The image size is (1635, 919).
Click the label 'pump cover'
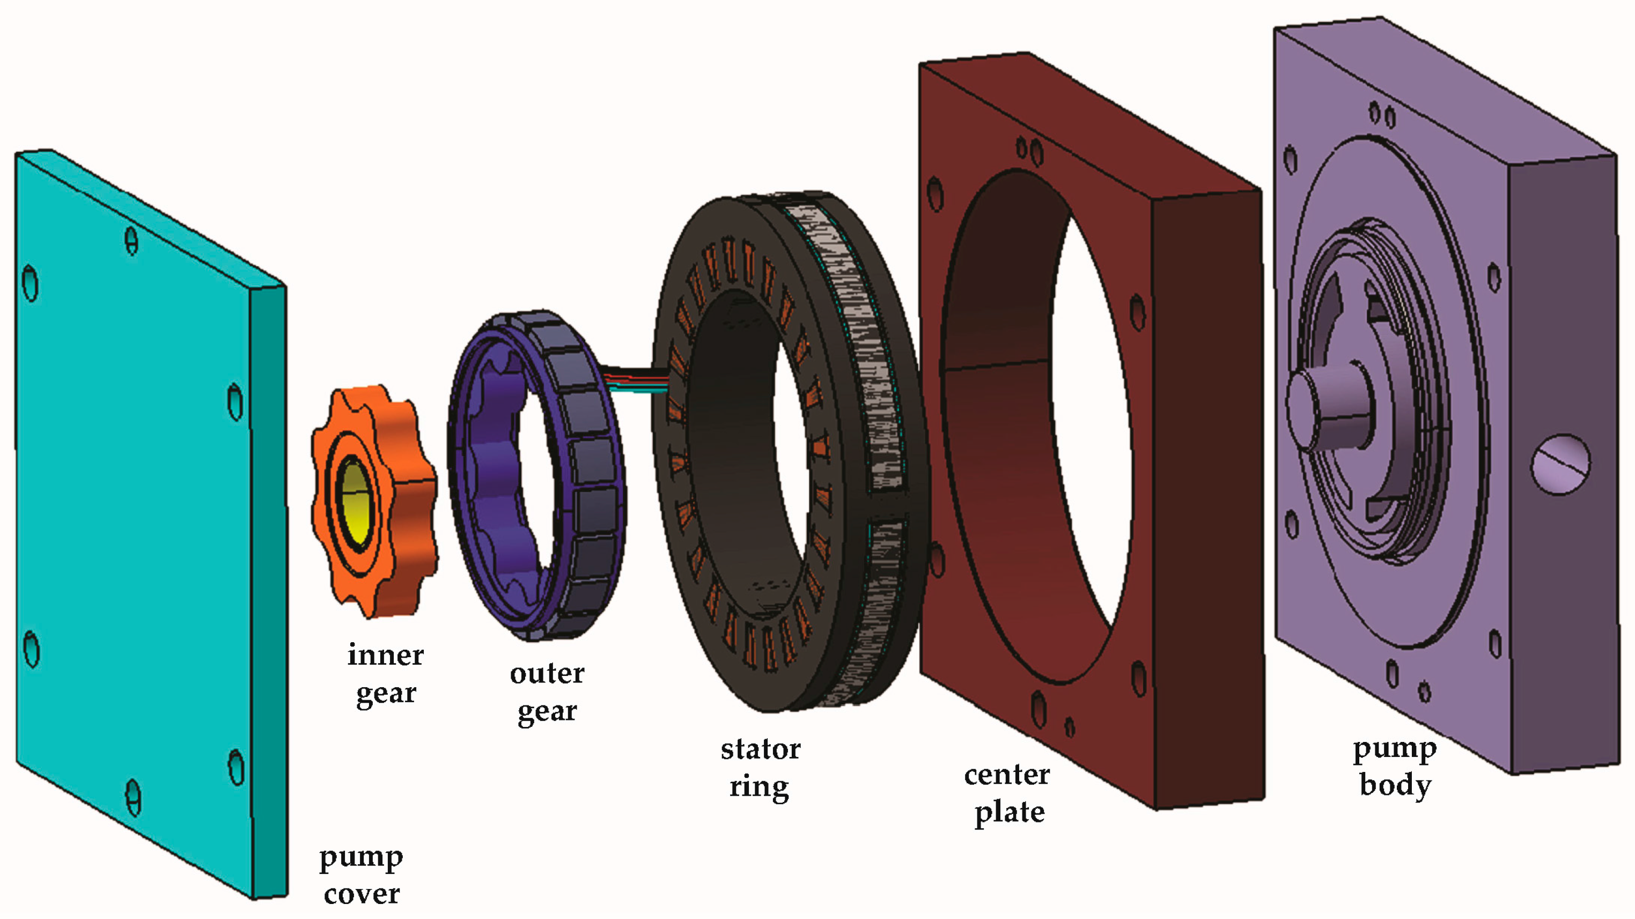pos(360,876)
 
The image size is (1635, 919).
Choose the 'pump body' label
pos(1395,767)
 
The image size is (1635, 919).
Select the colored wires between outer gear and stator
pos(635,381)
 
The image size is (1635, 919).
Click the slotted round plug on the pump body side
pos(1559,464)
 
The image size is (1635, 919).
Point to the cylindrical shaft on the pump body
pos(1327,406)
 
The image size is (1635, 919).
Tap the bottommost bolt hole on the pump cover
pos(132,797)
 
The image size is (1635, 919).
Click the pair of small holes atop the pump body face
pos(1382,115)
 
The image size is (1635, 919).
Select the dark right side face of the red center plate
pos(1206,495)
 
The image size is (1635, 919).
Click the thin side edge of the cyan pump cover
pos(270,590)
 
